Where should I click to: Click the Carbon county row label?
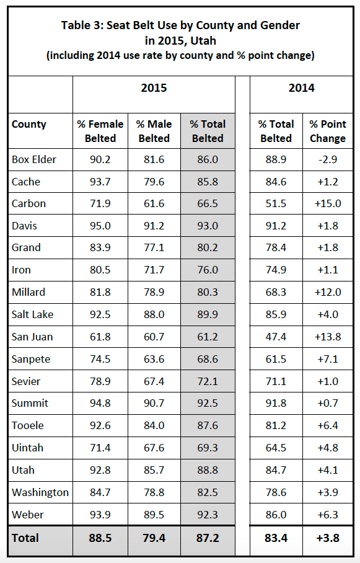[29, 203]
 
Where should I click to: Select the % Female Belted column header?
[100, 131]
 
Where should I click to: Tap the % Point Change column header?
[328, 131]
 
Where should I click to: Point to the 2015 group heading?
[154, 88]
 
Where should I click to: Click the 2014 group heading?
[302, 88]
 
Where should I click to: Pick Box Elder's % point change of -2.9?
[328, 159]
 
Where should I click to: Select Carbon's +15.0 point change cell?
[328, 203]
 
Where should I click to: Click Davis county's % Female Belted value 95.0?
[100, 226]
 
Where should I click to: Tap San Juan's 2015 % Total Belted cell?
[208, 337]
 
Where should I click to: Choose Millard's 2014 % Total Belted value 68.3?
[276, 292]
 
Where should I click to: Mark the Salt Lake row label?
[32, 314]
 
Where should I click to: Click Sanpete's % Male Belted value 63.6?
[154, 359]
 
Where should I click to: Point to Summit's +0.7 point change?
[328, 403]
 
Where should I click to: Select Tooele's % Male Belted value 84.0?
[154, 425]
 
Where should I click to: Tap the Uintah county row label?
[27, 448]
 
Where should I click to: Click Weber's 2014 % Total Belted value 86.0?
[276, 515]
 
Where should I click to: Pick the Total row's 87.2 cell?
[208, 538]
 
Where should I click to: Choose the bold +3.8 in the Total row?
[328, 538]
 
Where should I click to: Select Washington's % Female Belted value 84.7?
[100, 492]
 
